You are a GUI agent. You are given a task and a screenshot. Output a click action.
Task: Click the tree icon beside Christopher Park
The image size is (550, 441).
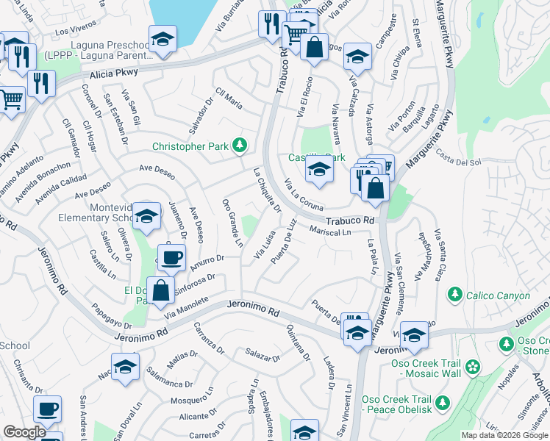click(239, 146)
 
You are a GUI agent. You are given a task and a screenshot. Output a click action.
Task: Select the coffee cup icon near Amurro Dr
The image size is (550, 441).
click(171, 257)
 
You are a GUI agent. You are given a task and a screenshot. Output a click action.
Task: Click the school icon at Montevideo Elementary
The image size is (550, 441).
click(147, 216)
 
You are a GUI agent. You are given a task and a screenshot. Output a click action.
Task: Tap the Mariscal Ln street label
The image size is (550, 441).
click(330, 232)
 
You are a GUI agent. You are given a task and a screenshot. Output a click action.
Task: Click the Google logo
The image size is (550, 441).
click(24, 432)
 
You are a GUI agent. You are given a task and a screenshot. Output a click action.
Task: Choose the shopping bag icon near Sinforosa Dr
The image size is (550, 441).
click(161, 290)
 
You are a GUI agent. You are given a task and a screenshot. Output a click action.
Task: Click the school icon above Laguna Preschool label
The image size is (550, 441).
click(162, 37)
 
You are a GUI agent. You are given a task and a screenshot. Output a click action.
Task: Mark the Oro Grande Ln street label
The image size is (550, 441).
click(233, 222)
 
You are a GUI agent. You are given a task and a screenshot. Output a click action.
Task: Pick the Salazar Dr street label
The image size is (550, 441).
click(263, 354)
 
